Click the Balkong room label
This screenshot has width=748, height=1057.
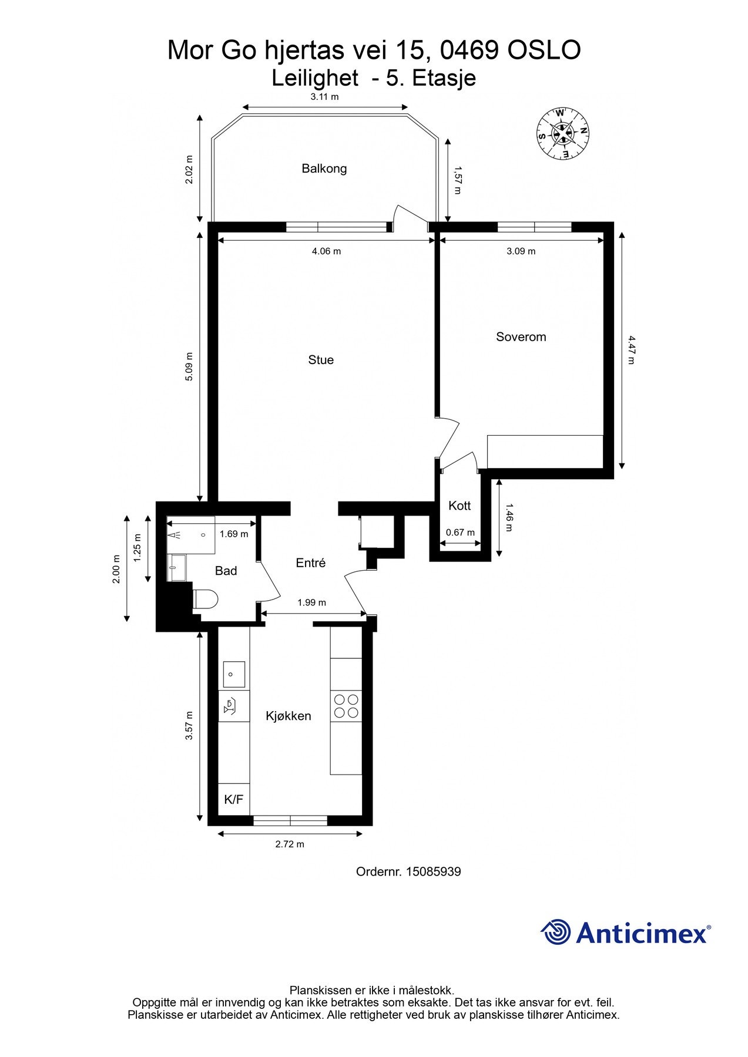coord(324,169)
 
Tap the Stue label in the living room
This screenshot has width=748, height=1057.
coord(321,360)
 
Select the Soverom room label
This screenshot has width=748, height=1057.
coord(521,337)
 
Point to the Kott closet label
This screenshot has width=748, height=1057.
coord(459,506)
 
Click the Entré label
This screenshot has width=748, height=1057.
coord(311,563)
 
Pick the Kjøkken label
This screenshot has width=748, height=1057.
coord(289,716)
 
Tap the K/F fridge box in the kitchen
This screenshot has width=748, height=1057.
coord(234,800)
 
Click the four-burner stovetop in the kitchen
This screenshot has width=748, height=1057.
coord(346,706)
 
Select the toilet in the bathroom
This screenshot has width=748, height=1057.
coord(205,600)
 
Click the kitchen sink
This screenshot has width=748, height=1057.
coord(234,674)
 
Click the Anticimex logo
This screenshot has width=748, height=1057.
coord(625,933)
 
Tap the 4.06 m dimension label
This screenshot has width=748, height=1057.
coord(326,251)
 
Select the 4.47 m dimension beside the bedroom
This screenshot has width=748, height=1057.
coord(631,350)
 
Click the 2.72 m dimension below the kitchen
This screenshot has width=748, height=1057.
coord(290,844)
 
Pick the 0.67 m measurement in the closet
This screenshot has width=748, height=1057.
coord(460,533)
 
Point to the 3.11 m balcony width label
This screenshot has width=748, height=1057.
coord(325,97)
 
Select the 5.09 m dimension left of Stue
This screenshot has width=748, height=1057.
coord(189,367)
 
